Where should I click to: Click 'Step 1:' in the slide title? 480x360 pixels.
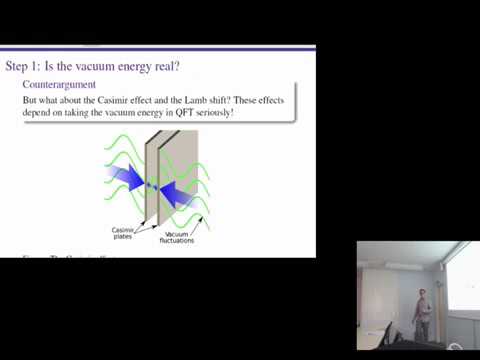click(x=26, y=67)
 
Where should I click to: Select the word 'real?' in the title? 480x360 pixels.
click(x=167, y=67)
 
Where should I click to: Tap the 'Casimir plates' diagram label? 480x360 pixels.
click(x=122, y=234)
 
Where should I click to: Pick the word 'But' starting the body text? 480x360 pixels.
click(x=32, y=100)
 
